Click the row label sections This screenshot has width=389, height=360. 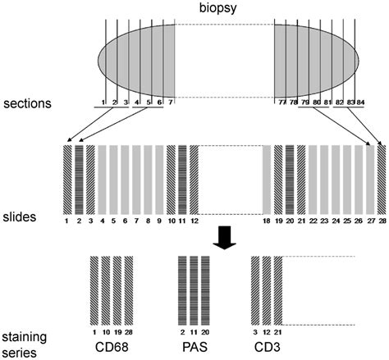click(28, 104)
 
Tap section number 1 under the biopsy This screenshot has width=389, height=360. click(104, 102)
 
